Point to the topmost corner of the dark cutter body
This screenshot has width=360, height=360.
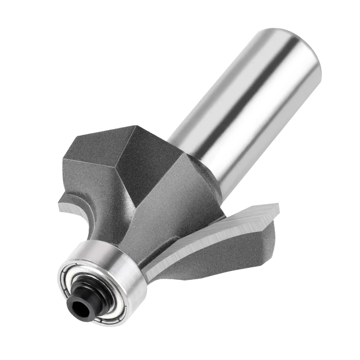click(136, 126)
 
